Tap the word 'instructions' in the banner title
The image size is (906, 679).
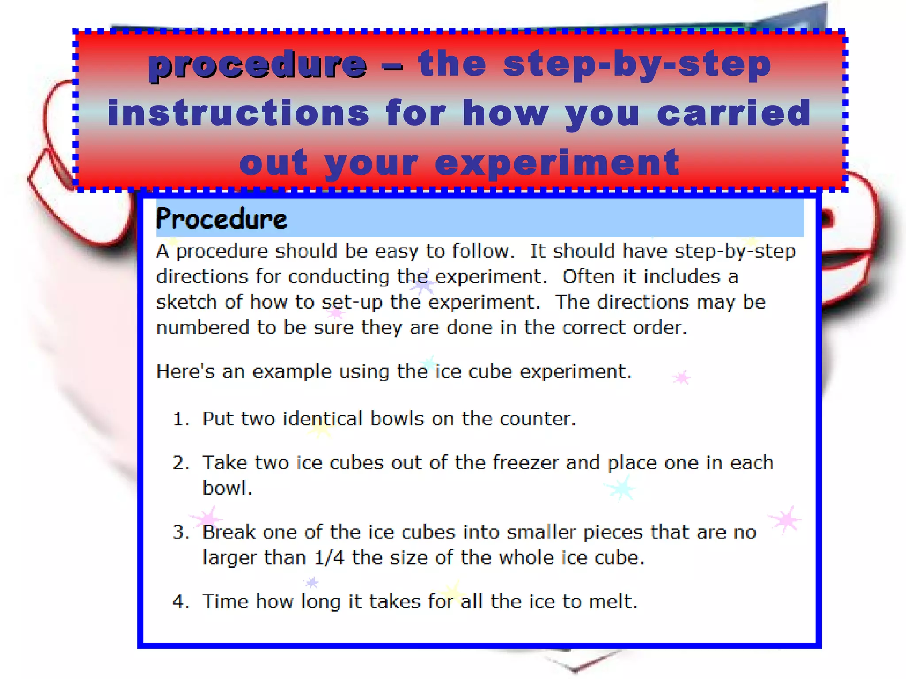coord(238,113)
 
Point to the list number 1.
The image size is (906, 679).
coord(180,419)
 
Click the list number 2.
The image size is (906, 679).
coord(181,463)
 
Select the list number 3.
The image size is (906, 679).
coord(181,532)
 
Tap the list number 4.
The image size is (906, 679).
coord(181,602)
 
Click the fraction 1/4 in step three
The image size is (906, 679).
coord(329,557)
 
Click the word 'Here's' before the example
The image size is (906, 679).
coord(185,371)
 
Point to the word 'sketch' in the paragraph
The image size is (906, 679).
coord(186,302)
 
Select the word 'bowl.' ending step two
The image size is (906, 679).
coord(227,488)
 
